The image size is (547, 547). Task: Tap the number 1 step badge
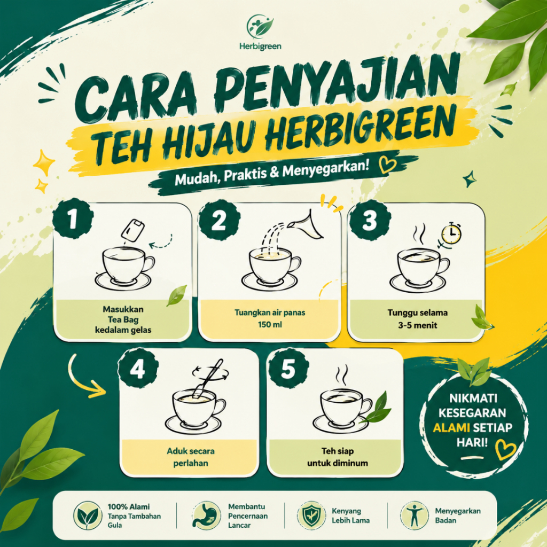(73, 218)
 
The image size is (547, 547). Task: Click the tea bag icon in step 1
(133, 230)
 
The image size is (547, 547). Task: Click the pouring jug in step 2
(308, 225)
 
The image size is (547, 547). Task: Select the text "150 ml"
(270, 325)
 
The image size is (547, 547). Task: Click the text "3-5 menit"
(418, 325)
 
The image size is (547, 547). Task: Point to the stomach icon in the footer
(206, 515)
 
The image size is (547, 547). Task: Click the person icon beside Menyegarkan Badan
(414, 515)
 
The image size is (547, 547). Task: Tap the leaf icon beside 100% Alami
(88, 515)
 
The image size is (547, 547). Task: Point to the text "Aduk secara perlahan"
(191, 457)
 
